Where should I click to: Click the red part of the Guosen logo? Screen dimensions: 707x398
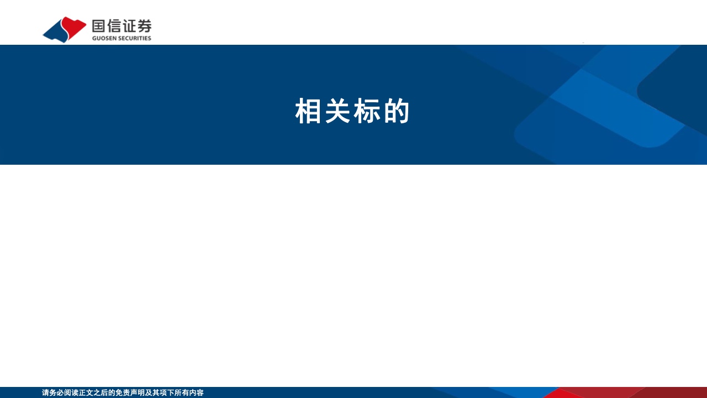click(x=73, y=26)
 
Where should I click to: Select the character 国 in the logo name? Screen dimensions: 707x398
click(x=98, y=26)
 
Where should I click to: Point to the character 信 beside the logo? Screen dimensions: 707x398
click(x=114, y=26)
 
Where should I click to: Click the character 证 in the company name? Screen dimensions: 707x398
click(x=129, y=26)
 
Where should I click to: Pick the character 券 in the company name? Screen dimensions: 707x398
click(x=145, y=26)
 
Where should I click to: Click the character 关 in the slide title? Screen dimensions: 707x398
click(x=337, y=111)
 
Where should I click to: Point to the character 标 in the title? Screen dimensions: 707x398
click(x=367, y=111)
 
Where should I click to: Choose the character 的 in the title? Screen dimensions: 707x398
click(x=397, y=111)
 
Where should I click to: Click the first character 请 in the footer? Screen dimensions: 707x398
click(x=45, y=392)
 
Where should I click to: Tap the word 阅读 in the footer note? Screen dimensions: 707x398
click(x=71, y=392)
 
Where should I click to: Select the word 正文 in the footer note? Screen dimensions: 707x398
click(x=86, y=392)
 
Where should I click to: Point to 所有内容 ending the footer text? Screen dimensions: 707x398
click(x=189, y=392)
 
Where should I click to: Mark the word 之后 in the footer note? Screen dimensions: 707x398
click(x=101, y=392)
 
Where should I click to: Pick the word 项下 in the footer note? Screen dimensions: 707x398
click(x=167, y=392)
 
